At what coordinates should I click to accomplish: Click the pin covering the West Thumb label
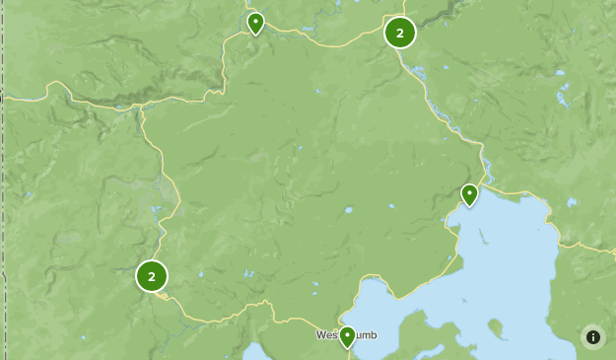click(x=347, y=336)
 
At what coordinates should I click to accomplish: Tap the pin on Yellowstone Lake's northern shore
click(x=470, y=194)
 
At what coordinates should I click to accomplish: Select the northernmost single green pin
click(x=255, y=23)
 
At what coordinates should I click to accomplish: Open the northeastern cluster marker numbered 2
click(x=399, y=33)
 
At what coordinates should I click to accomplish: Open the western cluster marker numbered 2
click(x=152, y=276)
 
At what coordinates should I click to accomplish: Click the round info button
click(x=593, y=336)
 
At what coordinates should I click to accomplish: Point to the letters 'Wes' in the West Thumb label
click(x=326, y=335)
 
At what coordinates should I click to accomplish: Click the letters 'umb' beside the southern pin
click(x=366, y=335)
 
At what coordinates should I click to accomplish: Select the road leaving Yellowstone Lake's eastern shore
click(x=582, y=245)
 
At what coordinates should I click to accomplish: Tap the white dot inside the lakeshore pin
click(x=470, y=190)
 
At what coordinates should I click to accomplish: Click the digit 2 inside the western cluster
click(x=152, y=276)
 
